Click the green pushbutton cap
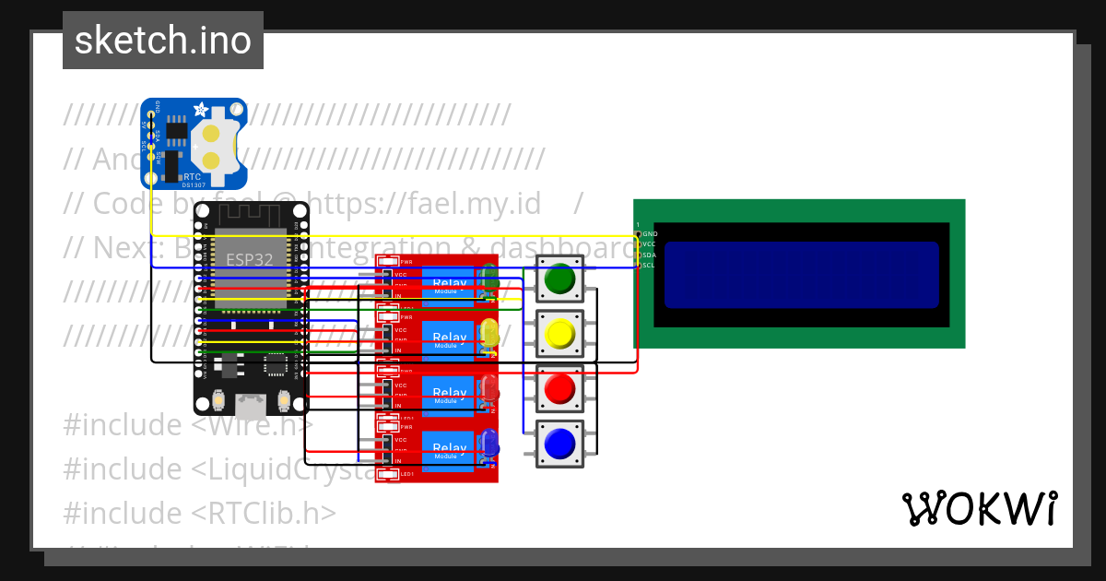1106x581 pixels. [559, 279]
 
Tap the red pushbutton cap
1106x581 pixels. [559, 388]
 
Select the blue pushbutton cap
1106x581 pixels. [559, 444]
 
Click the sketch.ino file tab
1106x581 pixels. [163, 41]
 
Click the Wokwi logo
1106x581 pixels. [979, 508]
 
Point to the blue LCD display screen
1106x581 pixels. [801, 274]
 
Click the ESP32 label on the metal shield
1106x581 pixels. [251, 259]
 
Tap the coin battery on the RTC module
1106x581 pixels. [212, 147]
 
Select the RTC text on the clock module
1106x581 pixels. [192, 176]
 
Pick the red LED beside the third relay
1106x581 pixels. [489, 389]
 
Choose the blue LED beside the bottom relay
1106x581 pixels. [489, 445]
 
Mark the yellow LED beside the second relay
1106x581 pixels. [489, 334]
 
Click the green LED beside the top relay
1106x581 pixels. [489, 279]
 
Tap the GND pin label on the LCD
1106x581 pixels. [649, 234]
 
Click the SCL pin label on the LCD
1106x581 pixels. [649, 266]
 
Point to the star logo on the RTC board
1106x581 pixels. [200, 110]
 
